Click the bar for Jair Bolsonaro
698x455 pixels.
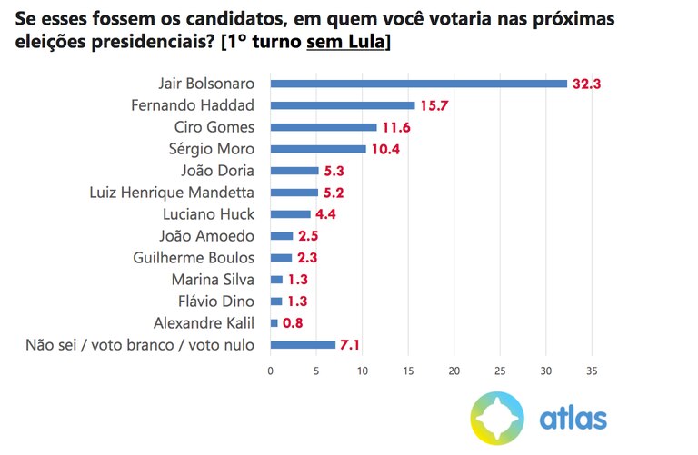[418, 84]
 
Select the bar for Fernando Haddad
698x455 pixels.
[342, 105]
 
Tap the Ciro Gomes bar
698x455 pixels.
[323, 127]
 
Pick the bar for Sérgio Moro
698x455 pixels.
[317, 149]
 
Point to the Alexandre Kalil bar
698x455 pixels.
[274, 322]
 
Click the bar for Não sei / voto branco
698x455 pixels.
[303, 344]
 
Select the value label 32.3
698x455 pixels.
[587, 84]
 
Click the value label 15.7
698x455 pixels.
[434, 105]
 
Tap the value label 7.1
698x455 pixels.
[351, 344]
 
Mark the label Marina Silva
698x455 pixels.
[214, 279]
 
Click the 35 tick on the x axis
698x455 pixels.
[592, 371]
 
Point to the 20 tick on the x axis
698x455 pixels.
[454, 371]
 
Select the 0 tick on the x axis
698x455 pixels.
[271, 371]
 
